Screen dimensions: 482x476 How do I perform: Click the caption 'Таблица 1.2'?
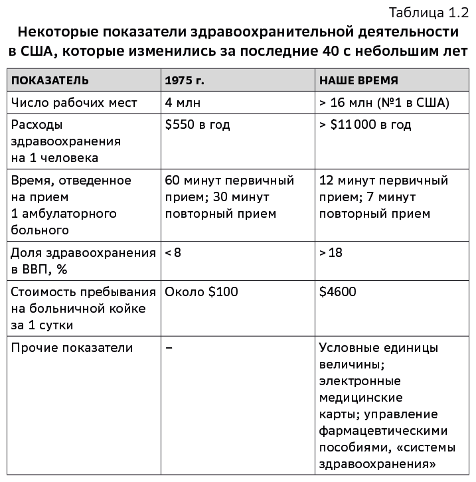click(x=429, y=13)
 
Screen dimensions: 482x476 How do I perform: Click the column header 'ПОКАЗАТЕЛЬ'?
click(x=50, y=81)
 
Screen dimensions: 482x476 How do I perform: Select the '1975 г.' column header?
click(x=185, y=81)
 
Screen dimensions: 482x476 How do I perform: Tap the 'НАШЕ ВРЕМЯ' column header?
click(x=359, y=81)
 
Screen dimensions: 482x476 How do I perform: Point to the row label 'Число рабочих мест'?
click(x=74, y=103)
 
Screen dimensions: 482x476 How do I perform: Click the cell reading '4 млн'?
click(x=183, y=103)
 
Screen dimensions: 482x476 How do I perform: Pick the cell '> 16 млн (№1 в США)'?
click(x=384, y=103)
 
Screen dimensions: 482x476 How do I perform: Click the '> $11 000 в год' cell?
click(x=365, y=125)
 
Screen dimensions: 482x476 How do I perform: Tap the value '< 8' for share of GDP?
click(x=173, y=253)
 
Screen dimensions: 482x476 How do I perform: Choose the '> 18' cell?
click(x=331, y=253)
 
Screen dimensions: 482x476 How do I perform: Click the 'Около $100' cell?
click(x=201, y=291)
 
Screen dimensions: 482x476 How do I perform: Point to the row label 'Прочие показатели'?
click(x=72, y=348)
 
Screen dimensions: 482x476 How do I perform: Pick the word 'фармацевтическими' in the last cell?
click(x=383, y=430)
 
